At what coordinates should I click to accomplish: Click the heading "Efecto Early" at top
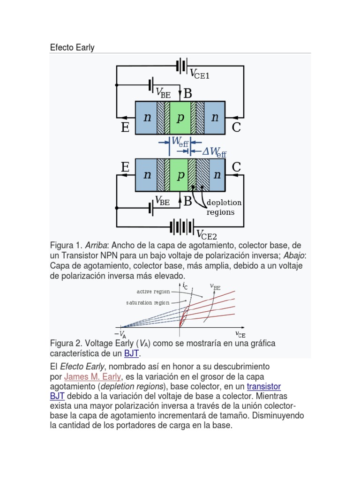[72, 48]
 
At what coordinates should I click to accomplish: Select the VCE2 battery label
[206, 234]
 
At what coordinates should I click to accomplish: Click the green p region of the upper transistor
[180, 118]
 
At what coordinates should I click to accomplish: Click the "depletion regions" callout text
[224, 207]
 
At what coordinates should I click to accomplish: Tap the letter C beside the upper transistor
[236, 127]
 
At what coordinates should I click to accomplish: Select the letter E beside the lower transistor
[125, 167]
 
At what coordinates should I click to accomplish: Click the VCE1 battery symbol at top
[182, 66]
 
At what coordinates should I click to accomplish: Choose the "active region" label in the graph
[153, 292]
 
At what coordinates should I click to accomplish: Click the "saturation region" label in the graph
[148, 303]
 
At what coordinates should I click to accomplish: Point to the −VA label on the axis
[121, 334]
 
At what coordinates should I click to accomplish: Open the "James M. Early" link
[92, 376]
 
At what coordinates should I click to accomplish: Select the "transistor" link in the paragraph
[263, 386]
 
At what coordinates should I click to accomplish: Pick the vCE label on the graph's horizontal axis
[240, 334]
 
